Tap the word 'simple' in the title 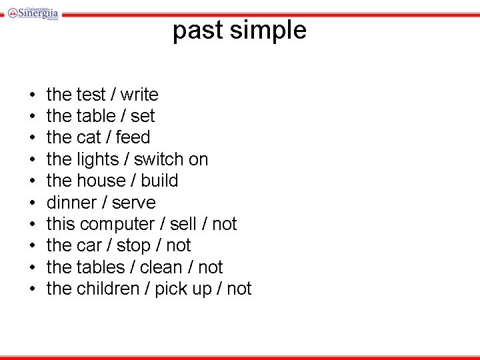coord(267,31)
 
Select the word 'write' coord(139,95)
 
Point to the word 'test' coord(91,95)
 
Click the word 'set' coord(143,116)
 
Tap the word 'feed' coord(133,137)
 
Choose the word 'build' coord(159,181)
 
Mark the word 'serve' coord(134,203)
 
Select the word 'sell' coord(183,224)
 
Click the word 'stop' coord(133,245)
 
